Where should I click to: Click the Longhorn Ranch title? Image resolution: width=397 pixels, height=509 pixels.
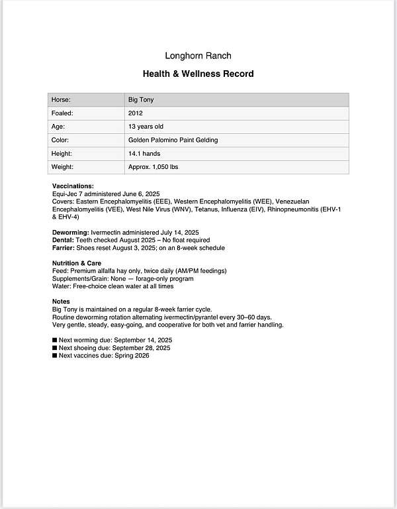[x=198, y=56]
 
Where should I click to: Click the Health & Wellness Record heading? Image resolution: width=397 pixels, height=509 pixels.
[x=198, y=74]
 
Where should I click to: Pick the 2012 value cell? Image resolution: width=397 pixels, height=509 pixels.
[x=135, y=113]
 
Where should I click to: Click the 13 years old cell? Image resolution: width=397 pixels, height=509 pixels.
[x=146, y=127]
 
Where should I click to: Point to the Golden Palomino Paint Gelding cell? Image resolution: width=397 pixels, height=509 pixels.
[x=173, y=141]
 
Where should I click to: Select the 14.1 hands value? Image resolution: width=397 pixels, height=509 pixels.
[x=143, y=154]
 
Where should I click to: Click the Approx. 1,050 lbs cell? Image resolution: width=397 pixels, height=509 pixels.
[x=153, y=167]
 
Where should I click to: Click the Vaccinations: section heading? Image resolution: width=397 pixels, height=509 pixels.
[x=73, y=186]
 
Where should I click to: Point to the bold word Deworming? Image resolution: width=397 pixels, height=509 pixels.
[x=70, y=233]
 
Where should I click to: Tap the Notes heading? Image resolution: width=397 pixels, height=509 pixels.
[x=61, y=302]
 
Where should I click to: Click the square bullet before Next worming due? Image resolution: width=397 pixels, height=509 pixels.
[x=55, y=340]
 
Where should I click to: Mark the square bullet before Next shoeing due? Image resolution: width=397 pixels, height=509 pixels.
[x=55, y=348]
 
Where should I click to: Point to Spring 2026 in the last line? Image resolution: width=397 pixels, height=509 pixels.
[x=132, y=355]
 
